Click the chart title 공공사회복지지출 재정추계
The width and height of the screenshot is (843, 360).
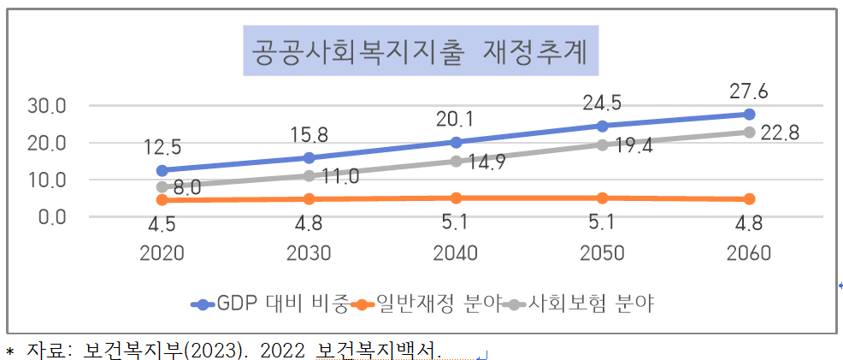point(420,52)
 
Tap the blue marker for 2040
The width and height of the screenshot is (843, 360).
point(456,142)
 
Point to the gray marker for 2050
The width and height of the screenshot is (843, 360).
point(602,145)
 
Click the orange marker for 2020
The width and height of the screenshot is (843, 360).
point(162,199)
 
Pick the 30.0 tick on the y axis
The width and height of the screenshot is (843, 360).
point(48,107)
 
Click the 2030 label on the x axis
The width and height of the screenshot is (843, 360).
point(309,253)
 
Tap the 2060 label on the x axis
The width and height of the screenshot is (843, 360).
point(748,253)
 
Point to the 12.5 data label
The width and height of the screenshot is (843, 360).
point(162,146)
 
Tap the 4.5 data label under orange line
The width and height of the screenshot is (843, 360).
point(162,227)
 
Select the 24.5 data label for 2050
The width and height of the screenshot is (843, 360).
point(602,103)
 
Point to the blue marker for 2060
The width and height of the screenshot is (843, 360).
point(749,114)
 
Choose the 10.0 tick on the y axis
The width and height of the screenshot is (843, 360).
point(48,180)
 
